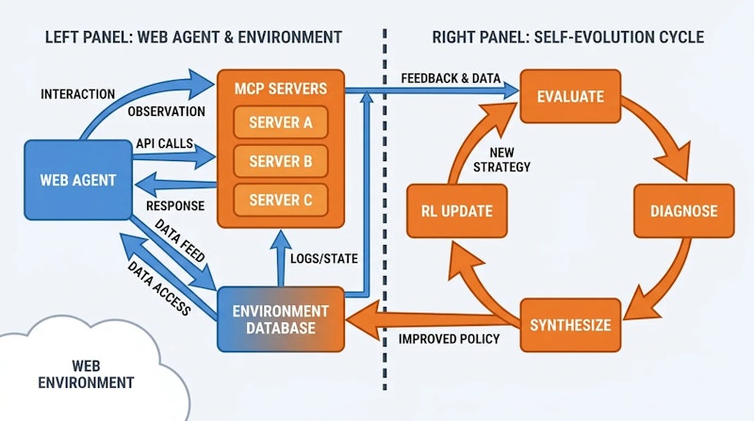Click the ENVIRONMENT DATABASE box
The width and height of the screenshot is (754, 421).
coord(280,319)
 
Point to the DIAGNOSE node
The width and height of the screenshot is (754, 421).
coord(683,211)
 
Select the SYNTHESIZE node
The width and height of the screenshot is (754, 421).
coord(570,325)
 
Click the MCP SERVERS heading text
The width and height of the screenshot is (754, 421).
coord(281,89)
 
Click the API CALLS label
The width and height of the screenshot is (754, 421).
coord(165,142)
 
